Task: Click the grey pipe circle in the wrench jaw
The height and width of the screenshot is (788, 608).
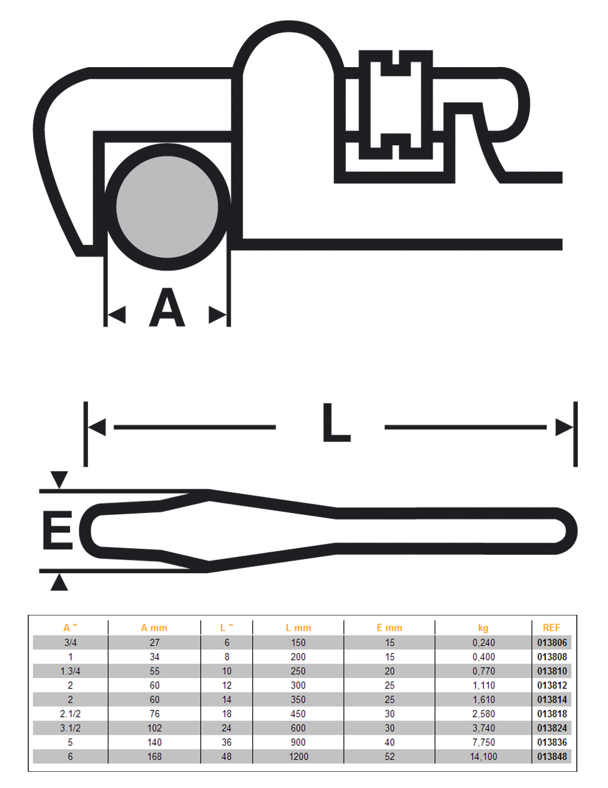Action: tap(167, 207)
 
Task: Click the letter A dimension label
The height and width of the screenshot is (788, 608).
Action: tap(167, 307)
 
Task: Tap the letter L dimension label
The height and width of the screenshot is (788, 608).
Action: tap(336, 424)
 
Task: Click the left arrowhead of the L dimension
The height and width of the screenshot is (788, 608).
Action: tap(97, 427)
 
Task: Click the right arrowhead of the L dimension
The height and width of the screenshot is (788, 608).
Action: tap(565, 427)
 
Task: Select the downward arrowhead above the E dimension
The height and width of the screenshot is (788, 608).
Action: tap(59, 480)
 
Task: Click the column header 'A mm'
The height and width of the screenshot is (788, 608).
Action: tap(154, 628)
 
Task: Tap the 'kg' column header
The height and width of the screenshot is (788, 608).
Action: tap(484, 628)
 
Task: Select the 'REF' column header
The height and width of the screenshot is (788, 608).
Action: tap(551, 628)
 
